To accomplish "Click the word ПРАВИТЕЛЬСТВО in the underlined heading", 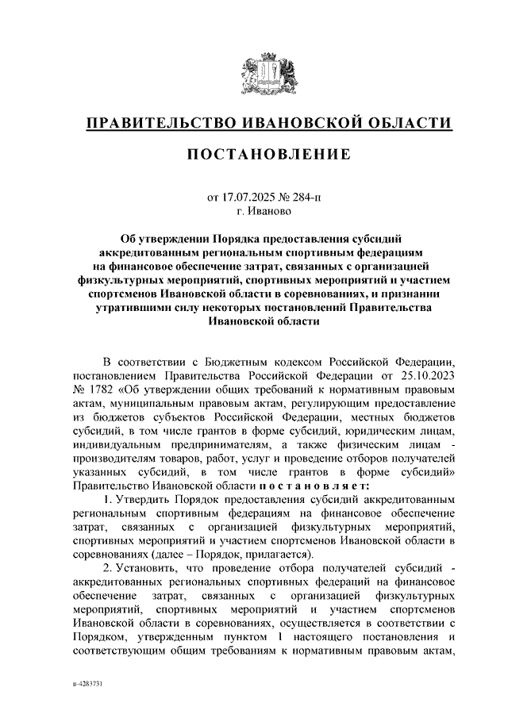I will (151, 124).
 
